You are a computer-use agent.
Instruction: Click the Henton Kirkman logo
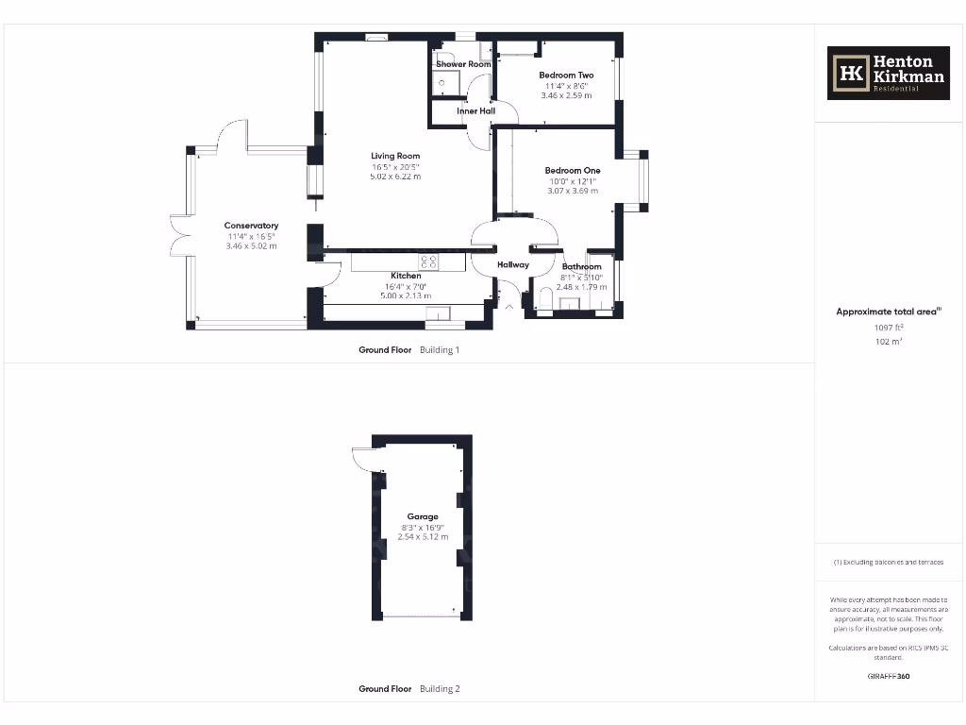pyautogui.click(x=888, y=74)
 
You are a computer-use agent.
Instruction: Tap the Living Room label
pyautogui.click(x=395, y=156)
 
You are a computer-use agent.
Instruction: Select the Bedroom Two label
pyautogui.click(x=566, y=76)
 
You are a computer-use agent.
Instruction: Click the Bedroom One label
pyautogui.click(x=572, y=171)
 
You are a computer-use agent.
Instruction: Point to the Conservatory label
pyautogui.click(x=251, y=226)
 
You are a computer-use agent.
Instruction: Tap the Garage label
pyautogui.click(x=423, y=516)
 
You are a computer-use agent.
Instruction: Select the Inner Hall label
pyautogui.click(x=475, y=111)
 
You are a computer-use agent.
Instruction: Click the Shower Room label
pyautogui.click(x=463, y=64)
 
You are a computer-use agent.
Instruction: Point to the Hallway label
pyautogui.click(x=513, y=265)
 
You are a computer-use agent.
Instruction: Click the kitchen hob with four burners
pyautogui.click(x=428, y=261)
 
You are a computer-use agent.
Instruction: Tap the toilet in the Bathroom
pyautogui.click(x=546, y=300)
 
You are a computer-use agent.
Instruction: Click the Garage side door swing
pyautogui.click(x=362, y=459)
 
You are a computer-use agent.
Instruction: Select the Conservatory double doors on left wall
pyautogui.click(x=178, y=236)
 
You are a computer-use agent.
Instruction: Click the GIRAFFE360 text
pyautogui.click(x=888, y=676)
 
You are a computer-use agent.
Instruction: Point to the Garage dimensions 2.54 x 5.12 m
pyautogui.click(x=423, y=537)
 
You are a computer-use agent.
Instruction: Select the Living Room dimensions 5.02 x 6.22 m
pyautogui.click(x=395, y=177)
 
